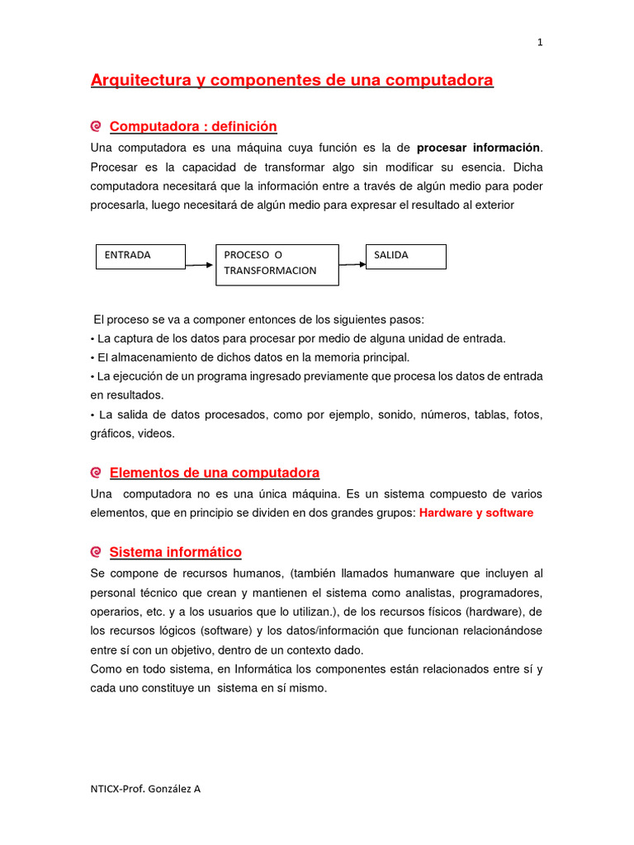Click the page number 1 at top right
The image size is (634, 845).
540,44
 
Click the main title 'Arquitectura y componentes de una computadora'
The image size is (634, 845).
291,80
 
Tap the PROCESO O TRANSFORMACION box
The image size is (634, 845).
277,264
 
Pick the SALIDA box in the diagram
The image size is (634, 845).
405,256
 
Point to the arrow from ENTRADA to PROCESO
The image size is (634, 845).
200,265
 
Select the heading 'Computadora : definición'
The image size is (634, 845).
193,126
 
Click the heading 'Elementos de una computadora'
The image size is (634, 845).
214,473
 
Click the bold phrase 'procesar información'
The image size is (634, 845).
478,148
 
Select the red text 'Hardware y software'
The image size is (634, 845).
476,512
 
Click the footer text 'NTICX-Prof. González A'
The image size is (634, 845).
145,788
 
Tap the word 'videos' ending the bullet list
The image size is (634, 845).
157,434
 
